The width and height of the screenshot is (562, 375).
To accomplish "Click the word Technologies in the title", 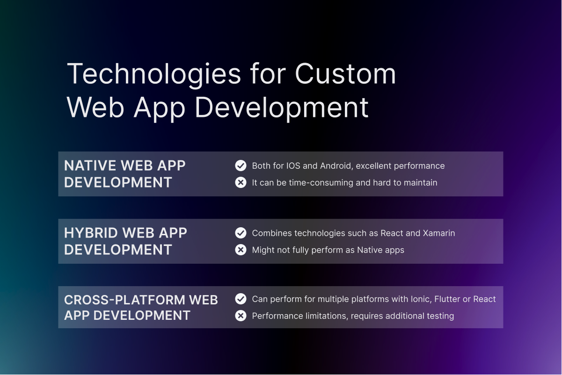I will tap(154, 74).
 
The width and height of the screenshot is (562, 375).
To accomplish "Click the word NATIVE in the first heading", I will tap(88, 166).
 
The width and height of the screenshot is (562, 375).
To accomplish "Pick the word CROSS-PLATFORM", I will tap(124, 300).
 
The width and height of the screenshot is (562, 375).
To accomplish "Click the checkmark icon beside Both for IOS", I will tap(241, 166).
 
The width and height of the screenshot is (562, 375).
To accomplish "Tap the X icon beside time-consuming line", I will tap(241, 182).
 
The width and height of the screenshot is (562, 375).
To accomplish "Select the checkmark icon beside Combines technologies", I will tap(241, 233).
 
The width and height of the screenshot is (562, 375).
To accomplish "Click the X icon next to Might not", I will tap(241, 250).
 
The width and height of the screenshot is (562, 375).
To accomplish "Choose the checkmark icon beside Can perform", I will tap(241, 299).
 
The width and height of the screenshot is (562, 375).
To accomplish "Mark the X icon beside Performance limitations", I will tap(241, 316).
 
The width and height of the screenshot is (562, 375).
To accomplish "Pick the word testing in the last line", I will tap(439, 317).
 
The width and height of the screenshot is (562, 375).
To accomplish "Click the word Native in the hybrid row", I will tap(370, 250).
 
